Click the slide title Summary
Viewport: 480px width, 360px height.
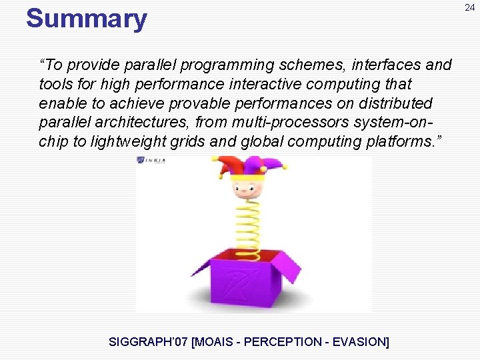(x=86, y=19)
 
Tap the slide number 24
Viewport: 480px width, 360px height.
(x=470, y=8)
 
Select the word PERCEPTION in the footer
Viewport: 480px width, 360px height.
(x=285, y=342)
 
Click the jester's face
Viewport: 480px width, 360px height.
(x=245, y=183)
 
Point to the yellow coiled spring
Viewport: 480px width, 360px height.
(x=248, y=223)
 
